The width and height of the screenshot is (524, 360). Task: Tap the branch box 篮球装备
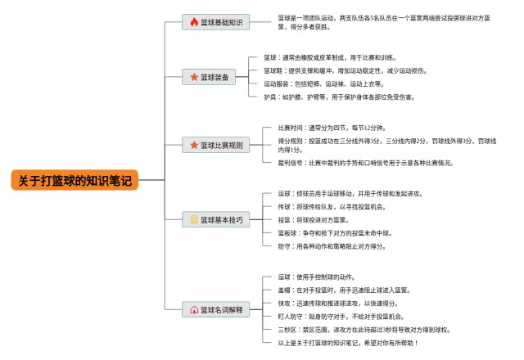point(211,77)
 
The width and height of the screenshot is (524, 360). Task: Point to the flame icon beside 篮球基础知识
point(194,22)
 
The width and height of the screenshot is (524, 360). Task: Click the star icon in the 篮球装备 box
point(194,77)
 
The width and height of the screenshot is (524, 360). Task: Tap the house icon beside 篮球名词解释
point(194,310)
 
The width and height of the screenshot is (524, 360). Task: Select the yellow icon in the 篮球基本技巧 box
point(194,219)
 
